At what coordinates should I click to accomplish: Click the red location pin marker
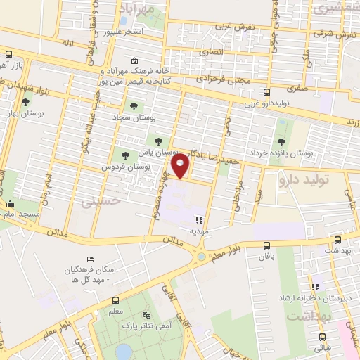pos(182,167)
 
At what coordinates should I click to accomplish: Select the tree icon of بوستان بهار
pos(26,102)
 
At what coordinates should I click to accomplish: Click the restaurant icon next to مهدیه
pos(199,219)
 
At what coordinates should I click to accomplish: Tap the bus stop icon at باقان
pos(266,245)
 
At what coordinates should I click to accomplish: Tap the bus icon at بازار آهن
pos(8,54)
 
